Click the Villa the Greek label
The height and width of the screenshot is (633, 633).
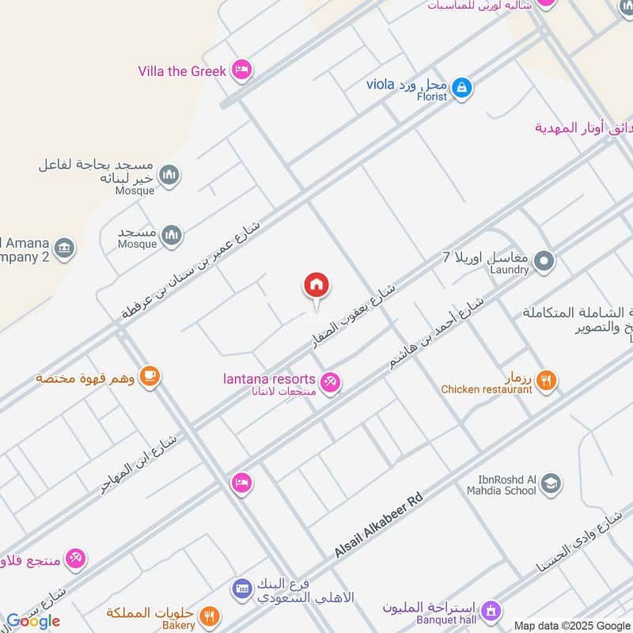(x=182, y=71)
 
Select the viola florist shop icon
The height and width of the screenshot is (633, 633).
(x=463, y=88)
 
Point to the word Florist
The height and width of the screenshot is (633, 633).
(x=427, y=97)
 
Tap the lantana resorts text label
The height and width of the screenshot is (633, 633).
(x=270, y=381)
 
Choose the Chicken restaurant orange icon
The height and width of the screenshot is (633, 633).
(x=546, y=381)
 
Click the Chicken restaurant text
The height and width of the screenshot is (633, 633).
(x=486, y=389)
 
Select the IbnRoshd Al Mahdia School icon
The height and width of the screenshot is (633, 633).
(x=551, y=484)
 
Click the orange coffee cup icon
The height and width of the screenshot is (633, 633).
(x=150, y=377)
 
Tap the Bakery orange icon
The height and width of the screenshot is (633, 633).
(x=210, y=616)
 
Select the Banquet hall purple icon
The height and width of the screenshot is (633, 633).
(x=491, y=610)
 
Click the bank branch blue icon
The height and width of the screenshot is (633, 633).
(x=242, y=589)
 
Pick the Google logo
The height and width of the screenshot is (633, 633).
(x=33, y=621)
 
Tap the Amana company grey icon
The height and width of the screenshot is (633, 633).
(x=65, y=248)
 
